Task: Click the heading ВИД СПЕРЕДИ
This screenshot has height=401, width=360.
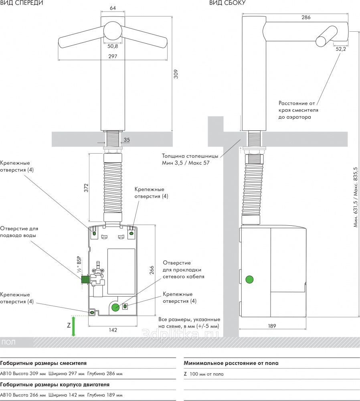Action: [x=21, y=3]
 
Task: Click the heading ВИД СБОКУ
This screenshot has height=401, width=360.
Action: [x=227, y=3]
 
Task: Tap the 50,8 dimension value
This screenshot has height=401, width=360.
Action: [x=113, y=46]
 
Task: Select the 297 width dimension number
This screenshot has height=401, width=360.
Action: [x=113, y=57]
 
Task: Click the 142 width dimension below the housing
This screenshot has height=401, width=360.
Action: [x=113, y=330]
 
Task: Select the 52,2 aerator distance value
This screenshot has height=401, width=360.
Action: [x=340, y=49]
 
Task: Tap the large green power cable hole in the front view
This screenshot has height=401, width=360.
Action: [x=115, y=307]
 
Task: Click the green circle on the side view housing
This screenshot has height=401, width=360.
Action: [x=250, y=279]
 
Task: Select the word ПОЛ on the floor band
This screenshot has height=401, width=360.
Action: [x=9, y=342]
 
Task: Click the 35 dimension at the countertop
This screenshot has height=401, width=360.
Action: [x=127, y=140]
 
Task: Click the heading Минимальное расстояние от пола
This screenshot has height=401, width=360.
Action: [x=231, y=363]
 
